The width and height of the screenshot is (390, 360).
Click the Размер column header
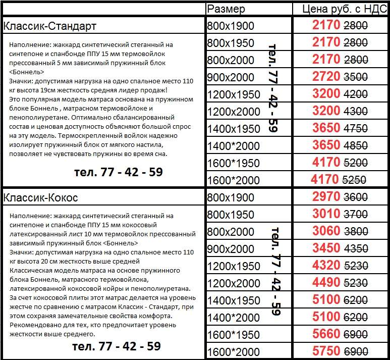pyautogui.click(x=227, y=9)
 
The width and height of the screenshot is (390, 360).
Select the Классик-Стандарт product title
pyautogui.click(x=49, y=26)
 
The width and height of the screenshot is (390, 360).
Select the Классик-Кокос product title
pyautogui.click(x=40, y=197)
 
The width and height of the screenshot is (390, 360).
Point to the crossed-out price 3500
pyautogui.click(x=355, y=78)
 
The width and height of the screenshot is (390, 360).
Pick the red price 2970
pyautogui.click(x=326, y=197)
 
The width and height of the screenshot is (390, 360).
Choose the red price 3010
pyautogui.click(x=326, y=214)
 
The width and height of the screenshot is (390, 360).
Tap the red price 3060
pyautogui.click(x=326, y=231)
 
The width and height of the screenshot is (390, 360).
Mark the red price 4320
pyautogui.click(x=326, y=266)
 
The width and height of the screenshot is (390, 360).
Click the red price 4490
pyautogui.click(x=326, y=283)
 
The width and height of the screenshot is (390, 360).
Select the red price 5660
pyautogui.click(x=326, y=334)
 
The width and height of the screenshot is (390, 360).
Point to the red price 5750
pyautogui.click(x=326, y=351)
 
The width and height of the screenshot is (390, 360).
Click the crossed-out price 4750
pyautogui.click(x=355, y=129)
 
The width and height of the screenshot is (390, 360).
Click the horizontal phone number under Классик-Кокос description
pyautogui.click(x=116, y=347)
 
